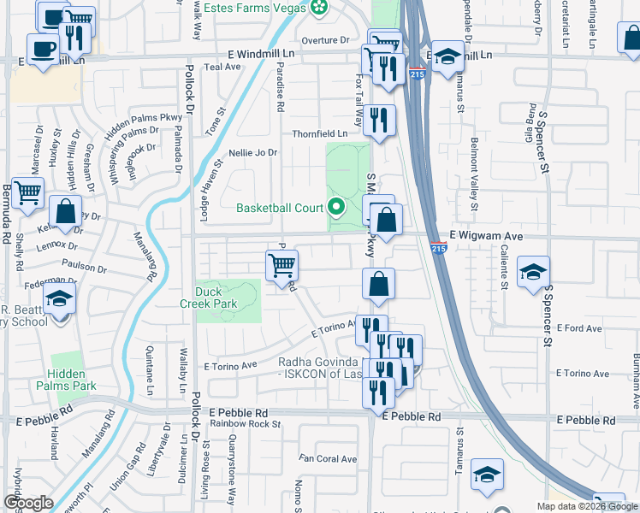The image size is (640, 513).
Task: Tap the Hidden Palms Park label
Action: (73, 380)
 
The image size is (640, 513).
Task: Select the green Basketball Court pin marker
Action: (336, 207)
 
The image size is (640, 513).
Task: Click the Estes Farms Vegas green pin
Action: (319, 9)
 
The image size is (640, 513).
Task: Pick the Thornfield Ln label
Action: (320, 133)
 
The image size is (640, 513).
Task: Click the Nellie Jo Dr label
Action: (252, 153)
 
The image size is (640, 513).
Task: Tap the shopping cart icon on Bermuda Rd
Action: (28, 194)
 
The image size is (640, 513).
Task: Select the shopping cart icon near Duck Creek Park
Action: (281, 265)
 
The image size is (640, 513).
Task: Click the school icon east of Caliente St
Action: (533, 274)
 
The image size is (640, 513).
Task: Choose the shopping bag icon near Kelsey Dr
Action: (65, 210)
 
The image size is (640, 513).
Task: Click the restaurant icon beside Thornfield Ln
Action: (379, 120)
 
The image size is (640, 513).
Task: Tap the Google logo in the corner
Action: (28, 503)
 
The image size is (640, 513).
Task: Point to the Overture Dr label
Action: (326, 40)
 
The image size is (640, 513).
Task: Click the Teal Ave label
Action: (224, 67)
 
